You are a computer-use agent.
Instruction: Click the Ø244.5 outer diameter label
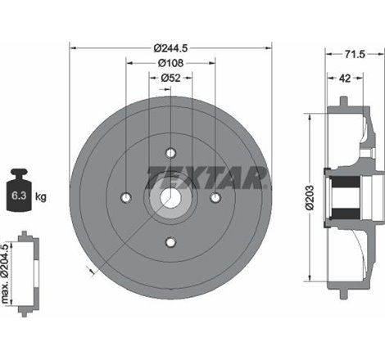(x=170, y=48)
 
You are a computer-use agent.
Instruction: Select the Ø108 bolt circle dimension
(x=170, y=63)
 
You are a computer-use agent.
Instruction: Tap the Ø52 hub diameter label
(x=170, y=78)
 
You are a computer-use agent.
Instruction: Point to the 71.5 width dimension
(x=354, y=55)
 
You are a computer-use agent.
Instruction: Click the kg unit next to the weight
(x=42, y=196)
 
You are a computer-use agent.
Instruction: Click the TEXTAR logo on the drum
(x=208, y=175)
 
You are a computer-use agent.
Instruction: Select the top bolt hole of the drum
(x=170, y=153)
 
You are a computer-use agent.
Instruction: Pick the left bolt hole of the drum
(x=125, y=197)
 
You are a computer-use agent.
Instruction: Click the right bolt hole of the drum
(x=215, y=197)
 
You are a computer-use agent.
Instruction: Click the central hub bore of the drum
(x=170, y=197)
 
